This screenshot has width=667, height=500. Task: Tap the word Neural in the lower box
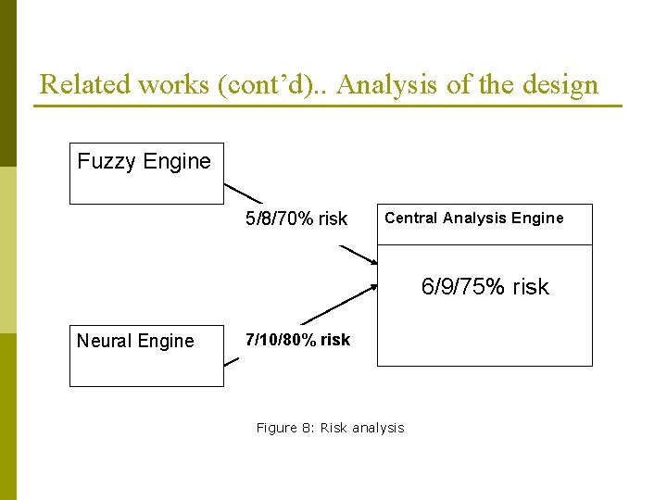click(x=103, y=341)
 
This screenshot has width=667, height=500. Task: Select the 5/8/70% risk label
click(x=296, y=219)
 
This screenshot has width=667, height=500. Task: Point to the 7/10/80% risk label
click(x=296, y=340)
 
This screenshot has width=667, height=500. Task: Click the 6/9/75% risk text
click(x=485, y=287)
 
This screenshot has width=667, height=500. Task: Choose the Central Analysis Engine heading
click(x=473, y=219)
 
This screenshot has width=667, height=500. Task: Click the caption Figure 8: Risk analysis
click(x=330, y=428)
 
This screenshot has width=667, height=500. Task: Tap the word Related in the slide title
click(x=85, y=85)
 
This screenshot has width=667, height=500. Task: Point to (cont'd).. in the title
click(x=275, y=85)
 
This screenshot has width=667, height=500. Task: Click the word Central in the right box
click(x=410, y=219)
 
